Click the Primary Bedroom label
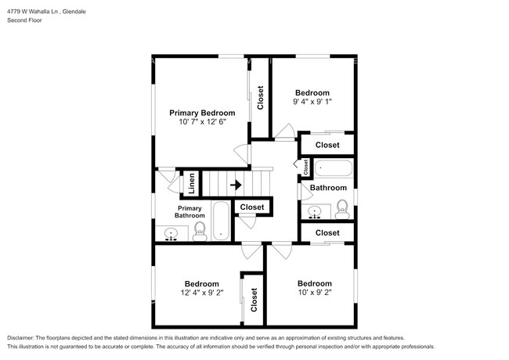[202, 113]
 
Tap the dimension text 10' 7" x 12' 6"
[202, 121]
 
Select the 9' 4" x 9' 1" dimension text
[312, 102]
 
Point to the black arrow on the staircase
[236, 185]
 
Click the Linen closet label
[192, 183]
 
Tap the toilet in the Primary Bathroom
[200, 231]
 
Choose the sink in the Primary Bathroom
[171, 234]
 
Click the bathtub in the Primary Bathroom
[221, 221]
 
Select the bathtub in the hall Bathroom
[334, 168]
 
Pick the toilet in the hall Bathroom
[342, 210]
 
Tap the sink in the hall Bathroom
[314, 212]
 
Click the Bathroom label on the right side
[328, 188]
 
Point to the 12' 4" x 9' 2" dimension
[202, 293]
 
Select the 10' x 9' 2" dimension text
[315, 292]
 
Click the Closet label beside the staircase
[252, 207]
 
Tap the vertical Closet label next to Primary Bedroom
[260, 98]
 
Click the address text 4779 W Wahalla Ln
[32, 12]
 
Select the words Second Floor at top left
[25, 20]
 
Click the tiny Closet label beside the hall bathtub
[305, 167]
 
